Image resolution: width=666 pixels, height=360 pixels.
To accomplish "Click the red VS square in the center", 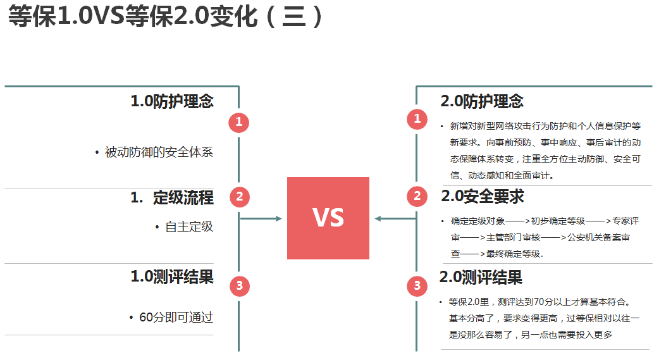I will [328, 218].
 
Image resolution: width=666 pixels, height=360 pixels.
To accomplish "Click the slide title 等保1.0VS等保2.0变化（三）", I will [166, 17].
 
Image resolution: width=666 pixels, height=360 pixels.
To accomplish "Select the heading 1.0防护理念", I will [172, 101].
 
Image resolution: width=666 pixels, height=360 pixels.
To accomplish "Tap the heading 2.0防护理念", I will [482, 101].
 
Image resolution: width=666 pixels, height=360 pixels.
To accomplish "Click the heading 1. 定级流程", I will [172, 198].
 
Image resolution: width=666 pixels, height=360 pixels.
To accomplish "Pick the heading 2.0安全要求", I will [483, 197].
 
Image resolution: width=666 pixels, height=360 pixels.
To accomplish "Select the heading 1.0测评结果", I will [172, 276].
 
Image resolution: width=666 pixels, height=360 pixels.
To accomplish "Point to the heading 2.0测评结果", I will [481, 277].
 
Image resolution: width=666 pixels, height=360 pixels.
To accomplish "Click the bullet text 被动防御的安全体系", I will [159, 152].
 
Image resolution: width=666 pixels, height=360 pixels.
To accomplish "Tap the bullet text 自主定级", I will [189, 227].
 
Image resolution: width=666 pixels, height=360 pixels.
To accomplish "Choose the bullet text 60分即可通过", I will [176, 317].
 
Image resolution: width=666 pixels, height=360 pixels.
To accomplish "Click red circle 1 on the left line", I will [239, 122].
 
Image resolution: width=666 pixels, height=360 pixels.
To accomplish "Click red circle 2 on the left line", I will [239, 197].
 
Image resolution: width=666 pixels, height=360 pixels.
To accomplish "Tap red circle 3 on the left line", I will [239, 286].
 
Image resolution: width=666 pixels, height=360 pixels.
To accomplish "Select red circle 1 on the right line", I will [417, 118].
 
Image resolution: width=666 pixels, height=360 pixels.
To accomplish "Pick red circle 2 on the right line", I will [417, 196].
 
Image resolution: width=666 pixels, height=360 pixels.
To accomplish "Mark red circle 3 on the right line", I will [417, 286].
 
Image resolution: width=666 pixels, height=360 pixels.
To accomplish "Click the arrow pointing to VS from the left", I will [262, 219].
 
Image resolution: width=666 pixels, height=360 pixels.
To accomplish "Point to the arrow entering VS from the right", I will [394, 219].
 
